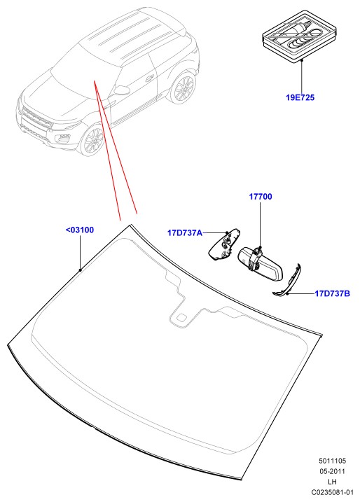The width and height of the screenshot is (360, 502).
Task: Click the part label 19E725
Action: click(x=300, y=97)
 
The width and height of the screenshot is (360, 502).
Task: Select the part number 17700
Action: click(x=261, y=197)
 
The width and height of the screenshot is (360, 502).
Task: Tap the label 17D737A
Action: click(x=185, y=232)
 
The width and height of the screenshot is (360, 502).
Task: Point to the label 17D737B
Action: click(x=333, y=293)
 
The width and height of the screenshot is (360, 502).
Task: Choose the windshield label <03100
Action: click(x=80, y=230)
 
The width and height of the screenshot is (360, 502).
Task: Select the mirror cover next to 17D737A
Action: click(x=225, y=245)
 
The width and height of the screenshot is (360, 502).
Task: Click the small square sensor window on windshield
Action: click(x=181, y=318)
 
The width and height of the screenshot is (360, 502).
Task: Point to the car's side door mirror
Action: click(x=122, y=90)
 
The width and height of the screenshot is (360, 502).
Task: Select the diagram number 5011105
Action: click(x=332, y=461)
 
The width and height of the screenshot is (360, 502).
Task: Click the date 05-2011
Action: click(x=332, y=471)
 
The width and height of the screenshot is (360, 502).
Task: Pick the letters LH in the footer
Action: click(x=332, y=482)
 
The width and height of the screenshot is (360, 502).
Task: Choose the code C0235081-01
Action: click(x=332, y=492)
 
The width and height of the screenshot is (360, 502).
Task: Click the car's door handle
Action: click(x=149, y=78)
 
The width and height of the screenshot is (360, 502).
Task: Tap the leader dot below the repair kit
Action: click(x=302, y=60)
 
